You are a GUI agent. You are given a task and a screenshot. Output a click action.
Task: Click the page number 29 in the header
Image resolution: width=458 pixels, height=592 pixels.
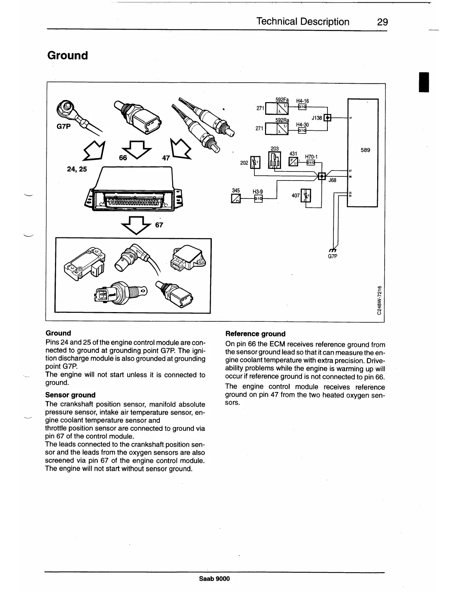tap(382, 22)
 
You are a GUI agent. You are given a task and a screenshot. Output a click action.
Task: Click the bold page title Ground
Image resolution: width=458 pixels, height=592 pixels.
tap(68, 55)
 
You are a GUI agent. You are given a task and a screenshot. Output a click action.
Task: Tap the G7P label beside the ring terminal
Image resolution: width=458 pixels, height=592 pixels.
tap(63, 126)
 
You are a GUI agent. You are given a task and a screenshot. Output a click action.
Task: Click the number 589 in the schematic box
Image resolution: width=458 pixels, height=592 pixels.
tap(365, 150)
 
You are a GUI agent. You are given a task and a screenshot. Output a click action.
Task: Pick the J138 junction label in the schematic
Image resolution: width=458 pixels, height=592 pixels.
tap(317, 118)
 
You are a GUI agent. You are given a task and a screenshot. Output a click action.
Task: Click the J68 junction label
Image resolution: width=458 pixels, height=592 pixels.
tap(332, 181)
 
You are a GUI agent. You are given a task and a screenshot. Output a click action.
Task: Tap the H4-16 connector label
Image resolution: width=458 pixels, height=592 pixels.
tap(302, 101)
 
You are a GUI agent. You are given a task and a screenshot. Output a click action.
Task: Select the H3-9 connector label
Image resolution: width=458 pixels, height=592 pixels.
tap(257, 192)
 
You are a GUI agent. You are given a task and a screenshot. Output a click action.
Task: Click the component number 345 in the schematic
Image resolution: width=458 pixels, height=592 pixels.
tap(236, 191)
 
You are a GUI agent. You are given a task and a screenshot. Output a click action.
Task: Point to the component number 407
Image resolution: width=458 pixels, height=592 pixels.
tap(296, 195)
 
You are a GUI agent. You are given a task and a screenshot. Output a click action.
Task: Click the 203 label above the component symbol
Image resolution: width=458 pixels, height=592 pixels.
tap(274, 149)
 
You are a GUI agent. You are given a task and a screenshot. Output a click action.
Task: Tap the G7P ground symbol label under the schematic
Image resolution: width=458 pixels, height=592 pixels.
tap(333, 257)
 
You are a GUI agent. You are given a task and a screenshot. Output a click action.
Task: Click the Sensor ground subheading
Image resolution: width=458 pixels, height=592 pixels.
tap(70, 395)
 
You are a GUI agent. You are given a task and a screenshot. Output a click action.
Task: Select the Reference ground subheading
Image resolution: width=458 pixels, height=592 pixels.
tap(255, 334)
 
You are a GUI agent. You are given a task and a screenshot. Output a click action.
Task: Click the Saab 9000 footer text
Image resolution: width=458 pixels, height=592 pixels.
tap(214, 579)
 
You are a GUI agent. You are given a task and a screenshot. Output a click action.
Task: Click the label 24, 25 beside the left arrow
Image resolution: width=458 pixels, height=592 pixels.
tap(77, 169)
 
